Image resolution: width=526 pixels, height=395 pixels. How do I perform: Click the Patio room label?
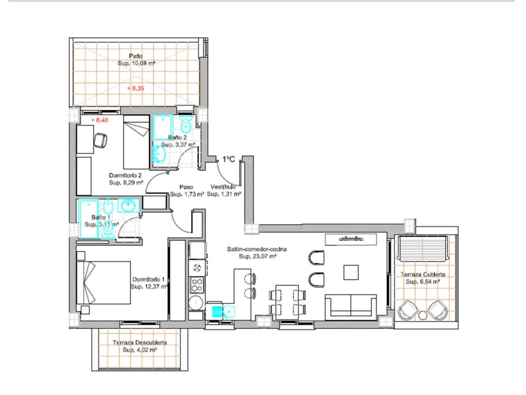click(136, 56)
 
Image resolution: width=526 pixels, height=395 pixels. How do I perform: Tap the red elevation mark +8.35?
click(136, 88)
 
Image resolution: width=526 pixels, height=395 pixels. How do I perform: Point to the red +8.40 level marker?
click(99, 120)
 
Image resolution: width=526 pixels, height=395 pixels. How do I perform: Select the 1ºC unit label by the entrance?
click(228, 159)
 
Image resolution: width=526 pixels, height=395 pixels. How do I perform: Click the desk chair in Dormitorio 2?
click(100, 141)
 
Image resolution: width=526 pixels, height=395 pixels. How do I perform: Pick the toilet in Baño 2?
click(186, 124)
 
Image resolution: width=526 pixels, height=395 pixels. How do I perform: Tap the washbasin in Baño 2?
click(159, 153)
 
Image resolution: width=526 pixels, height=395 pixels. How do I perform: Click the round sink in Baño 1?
click(129, 206)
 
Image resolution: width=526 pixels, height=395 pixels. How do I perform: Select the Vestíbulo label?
click(223, 187)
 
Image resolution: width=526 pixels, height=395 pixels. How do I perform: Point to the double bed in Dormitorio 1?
click(104, 283)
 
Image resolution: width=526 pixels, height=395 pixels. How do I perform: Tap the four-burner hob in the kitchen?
click(197, 285)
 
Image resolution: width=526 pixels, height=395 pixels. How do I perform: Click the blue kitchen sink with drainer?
click(223, 312)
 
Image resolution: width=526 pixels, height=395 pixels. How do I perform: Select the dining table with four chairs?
click(287, 302)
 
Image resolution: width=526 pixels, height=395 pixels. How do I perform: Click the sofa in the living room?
click(351, 307)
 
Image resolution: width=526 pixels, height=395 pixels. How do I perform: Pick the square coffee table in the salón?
click(351, 272)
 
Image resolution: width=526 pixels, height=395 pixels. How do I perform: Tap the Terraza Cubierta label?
click(423, 274)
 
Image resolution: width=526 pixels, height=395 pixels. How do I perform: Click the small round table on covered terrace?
click(423, 315)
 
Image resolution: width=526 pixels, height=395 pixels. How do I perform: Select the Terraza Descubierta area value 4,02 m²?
click(140, 350)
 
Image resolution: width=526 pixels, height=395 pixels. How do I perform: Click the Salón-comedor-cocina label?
click(257, 249)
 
